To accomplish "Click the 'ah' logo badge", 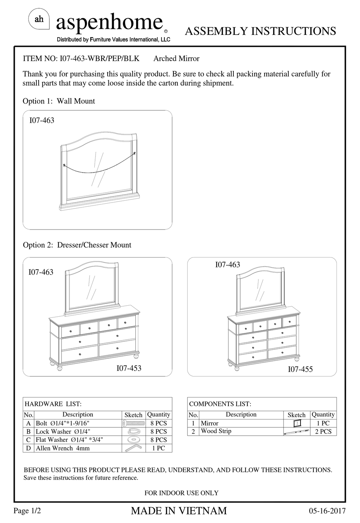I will [x=39, y=19].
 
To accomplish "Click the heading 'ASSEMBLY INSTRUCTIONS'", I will [x=260, y=31].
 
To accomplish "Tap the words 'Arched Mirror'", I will [x=176, y=58].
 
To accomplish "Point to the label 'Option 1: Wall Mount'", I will [x=59, y=101].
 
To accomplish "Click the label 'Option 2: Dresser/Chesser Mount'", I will [x=77, y=245].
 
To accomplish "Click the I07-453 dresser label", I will [x=129, y=368].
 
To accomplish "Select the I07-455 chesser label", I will [x=300, y=369].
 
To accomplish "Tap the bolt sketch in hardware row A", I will [x=133, y=423].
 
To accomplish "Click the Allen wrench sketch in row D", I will [x=133, y=448].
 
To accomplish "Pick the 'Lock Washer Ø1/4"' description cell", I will [x=63, y=432].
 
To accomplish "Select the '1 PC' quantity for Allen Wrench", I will [x=158, y=448].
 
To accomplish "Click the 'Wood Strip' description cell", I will [x=216, y=431].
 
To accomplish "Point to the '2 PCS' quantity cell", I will [x=323, y=432].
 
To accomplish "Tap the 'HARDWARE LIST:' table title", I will [x=53, y=404].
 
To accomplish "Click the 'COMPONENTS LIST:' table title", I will [x=220, y=404].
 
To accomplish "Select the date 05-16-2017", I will [x=327, y=511].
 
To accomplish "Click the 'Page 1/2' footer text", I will [x=27, y=511].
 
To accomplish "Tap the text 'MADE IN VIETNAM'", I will [x=179, y=511].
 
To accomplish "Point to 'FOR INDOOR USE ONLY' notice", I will [x=182, y=493].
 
